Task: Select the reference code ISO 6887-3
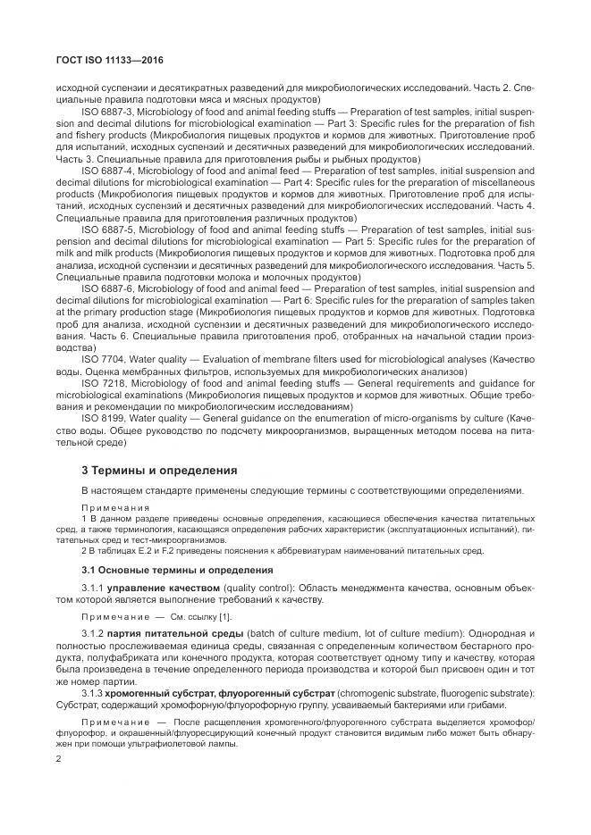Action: point(107,110)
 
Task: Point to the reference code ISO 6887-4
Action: point(107,169)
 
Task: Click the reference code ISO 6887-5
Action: point(107,229)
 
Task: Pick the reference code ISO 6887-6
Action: point(107,288)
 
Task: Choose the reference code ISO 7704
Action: point(102,358)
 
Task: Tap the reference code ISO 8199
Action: point(102,418)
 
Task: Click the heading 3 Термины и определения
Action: point(156,468)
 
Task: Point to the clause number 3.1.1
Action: point(93,587)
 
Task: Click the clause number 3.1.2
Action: point(93,632)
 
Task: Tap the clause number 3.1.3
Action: point(93,692)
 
